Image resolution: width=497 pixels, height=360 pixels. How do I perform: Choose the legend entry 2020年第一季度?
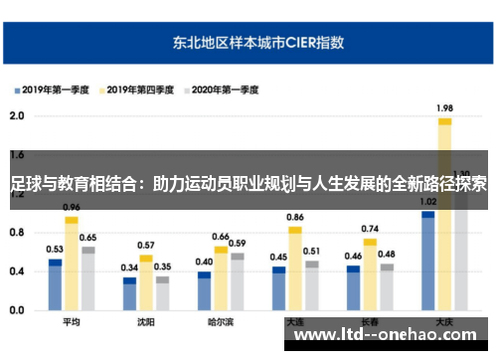224,90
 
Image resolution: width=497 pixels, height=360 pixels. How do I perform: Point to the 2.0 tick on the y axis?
17,116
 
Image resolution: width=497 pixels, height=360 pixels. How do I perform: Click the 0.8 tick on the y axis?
17,233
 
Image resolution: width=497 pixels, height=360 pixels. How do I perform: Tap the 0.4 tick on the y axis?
17,271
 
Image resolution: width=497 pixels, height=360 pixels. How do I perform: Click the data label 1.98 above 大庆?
444,107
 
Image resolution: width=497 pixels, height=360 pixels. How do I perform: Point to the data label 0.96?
71,207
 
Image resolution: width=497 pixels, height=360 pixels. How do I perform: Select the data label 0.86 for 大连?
295,217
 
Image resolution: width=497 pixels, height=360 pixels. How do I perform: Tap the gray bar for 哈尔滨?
237,283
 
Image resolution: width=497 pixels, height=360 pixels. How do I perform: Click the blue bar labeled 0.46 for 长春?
353,288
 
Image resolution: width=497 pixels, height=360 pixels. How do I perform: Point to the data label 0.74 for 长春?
370,229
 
